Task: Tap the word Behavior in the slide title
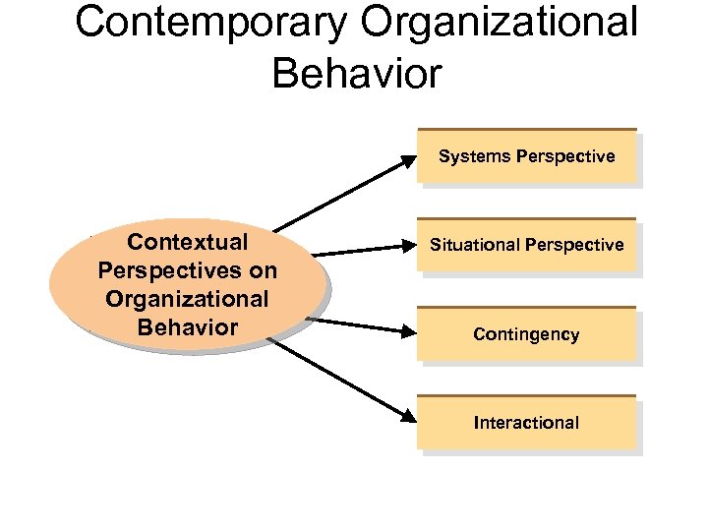[x=357, y=73]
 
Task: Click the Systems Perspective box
[x=527, y=156]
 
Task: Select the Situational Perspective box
[x=527, y=245]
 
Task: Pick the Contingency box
[x=527, y=334]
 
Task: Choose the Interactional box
[x=527, y=423]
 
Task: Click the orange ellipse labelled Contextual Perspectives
[x=188, y=284]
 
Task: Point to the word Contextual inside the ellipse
[x=188, y=242]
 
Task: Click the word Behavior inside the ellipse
[x=188, y=327]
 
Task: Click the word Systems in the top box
[x=474, y=156]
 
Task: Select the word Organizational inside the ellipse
[x=188, y=299]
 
